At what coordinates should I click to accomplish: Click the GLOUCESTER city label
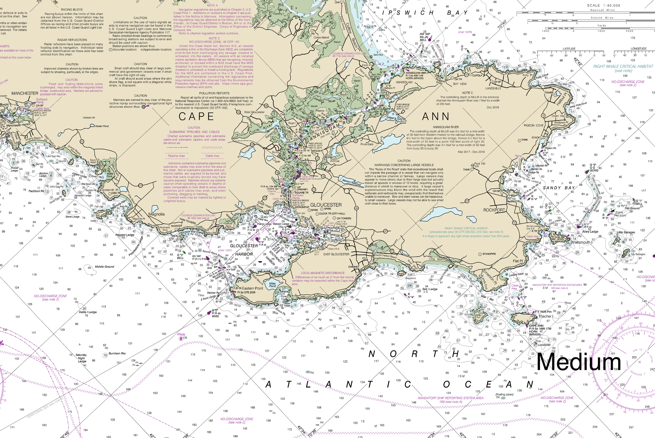point(326,205)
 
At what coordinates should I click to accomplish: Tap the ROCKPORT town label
point(494,210)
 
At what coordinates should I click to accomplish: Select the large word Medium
point(579,362)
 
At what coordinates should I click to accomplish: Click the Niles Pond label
point(272,285)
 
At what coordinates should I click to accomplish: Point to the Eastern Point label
point(252,288)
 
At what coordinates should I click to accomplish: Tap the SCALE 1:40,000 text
point(603,5)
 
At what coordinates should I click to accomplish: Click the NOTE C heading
point(467,93)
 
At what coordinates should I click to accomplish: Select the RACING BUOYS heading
point(72,9)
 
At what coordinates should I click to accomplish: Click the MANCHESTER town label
point(25,93)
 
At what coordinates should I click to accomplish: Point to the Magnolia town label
point(156,214)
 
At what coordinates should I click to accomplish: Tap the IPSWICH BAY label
point(424,13)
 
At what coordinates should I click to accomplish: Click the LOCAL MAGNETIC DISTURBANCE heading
point(323,273)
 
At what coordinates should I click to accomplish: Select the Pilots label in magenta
point(181,334)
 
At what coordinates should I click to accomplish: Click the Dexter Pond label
point(102,126)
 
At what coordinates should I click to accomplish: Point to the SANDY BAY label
point(559,188)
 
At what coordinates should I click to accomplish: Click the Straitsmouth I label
point(580,242)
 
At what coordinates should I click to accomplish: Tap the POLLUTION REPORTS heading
point(214,93)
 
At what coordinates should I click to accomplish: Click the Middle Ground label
point(105,266)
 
